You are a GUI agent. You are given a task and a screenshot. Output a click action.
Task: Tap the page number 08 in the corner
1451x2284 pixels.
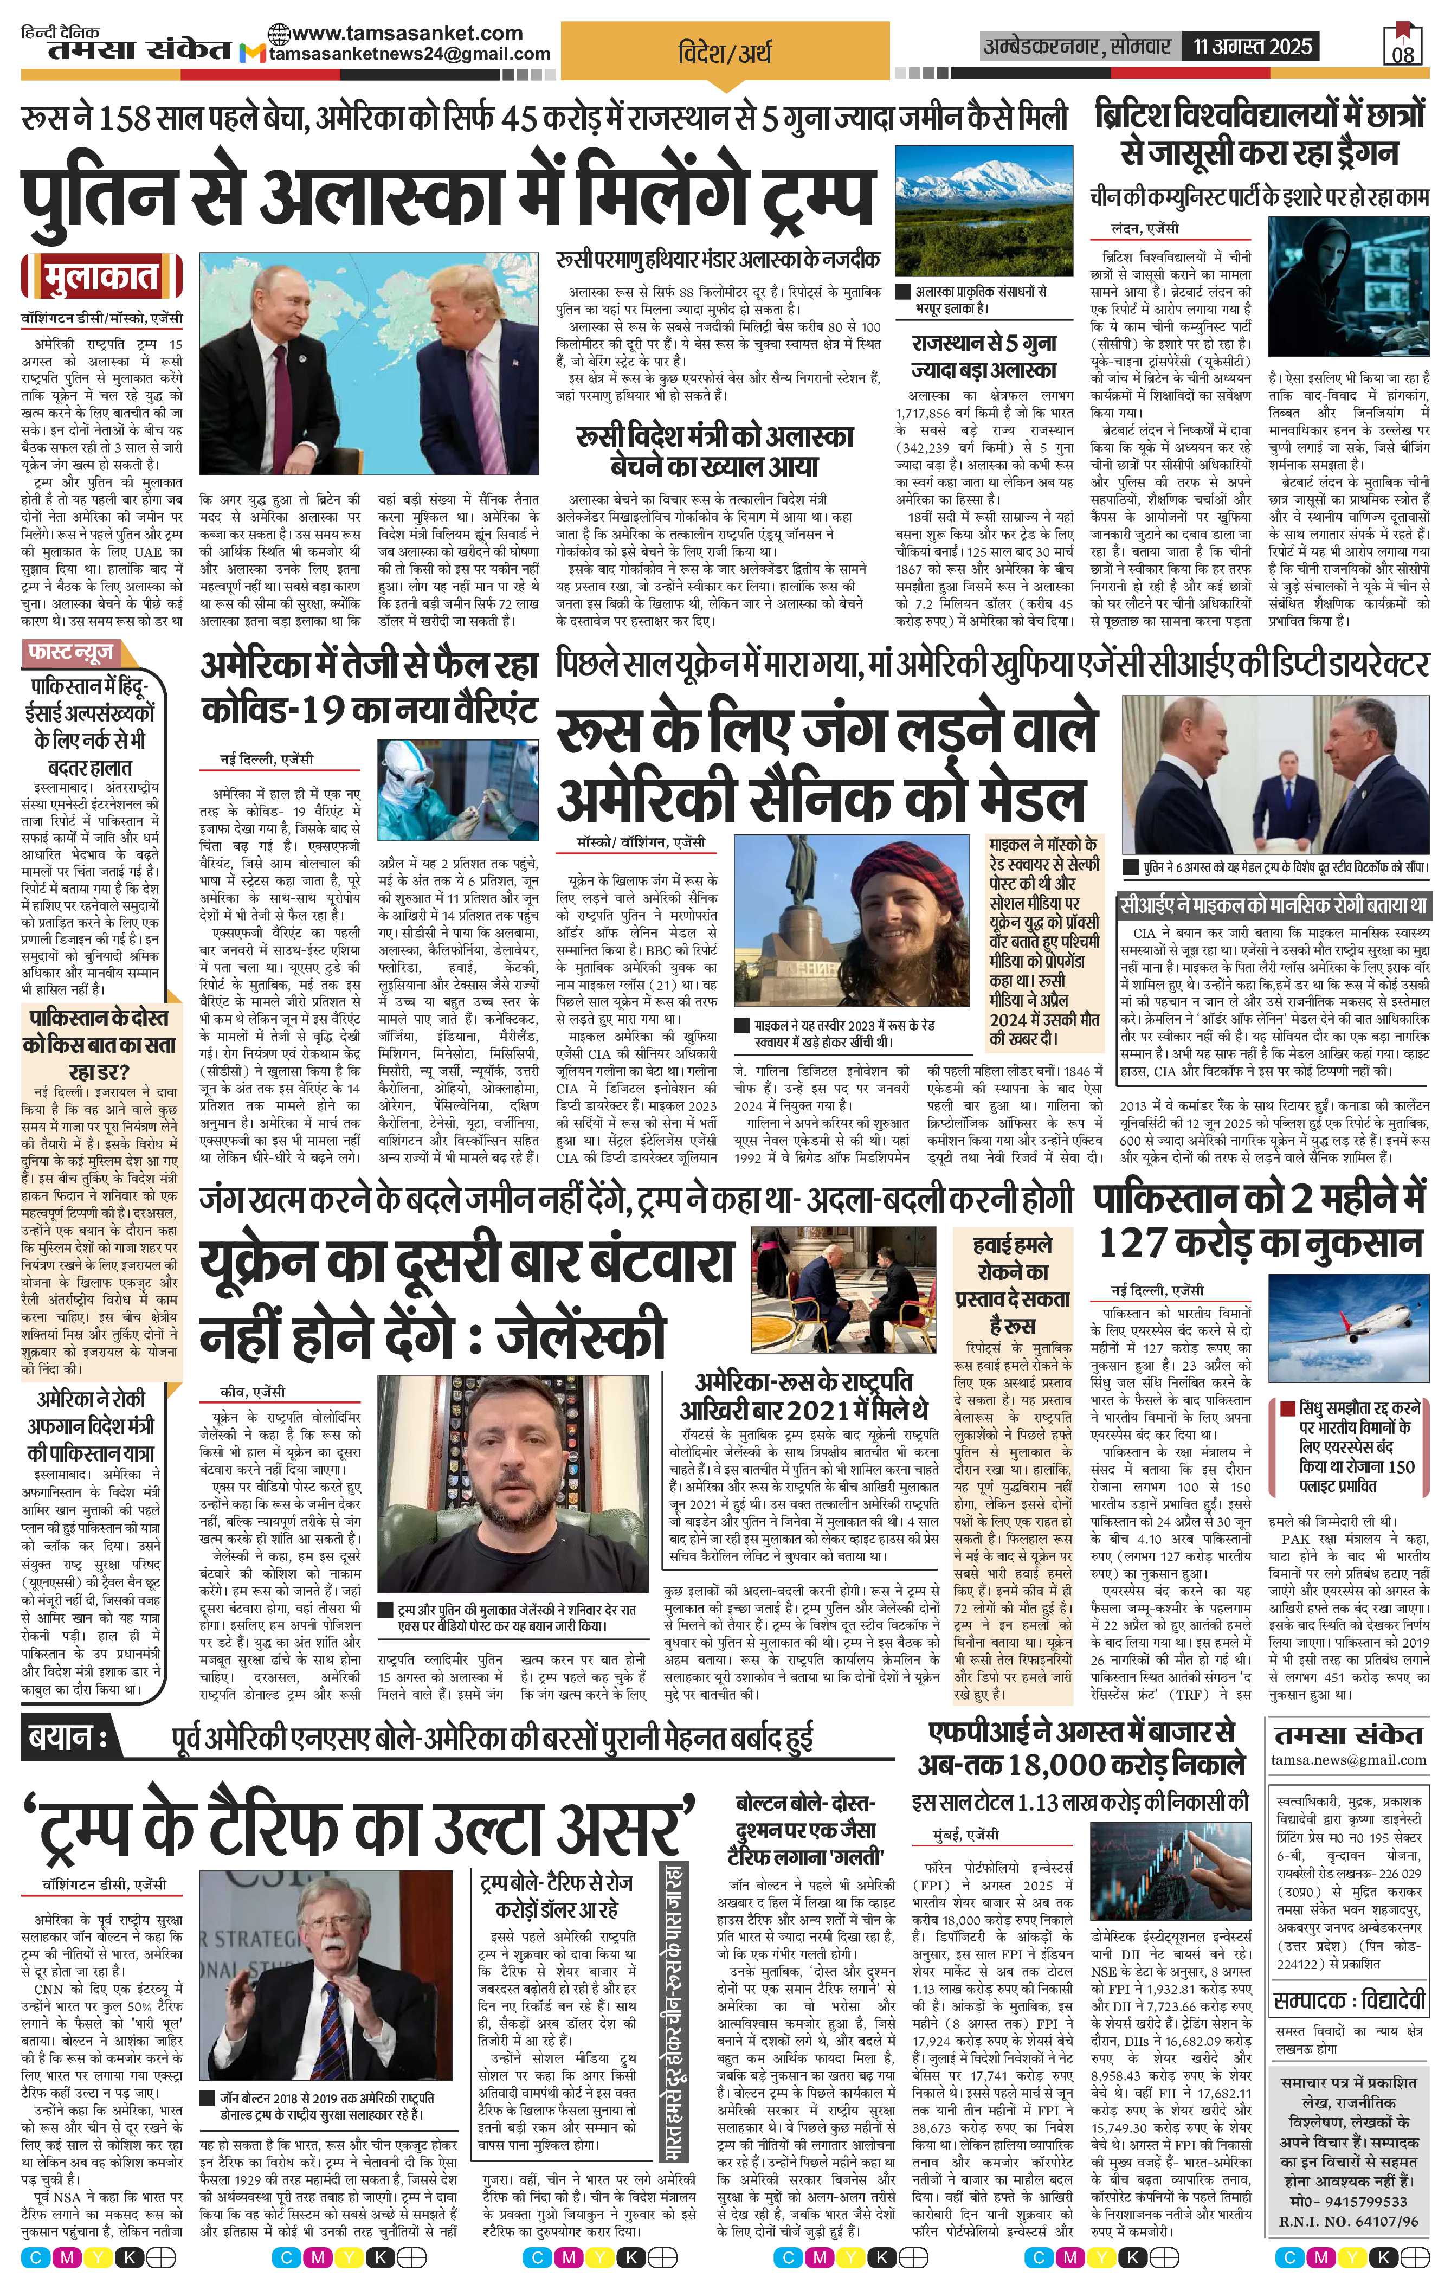(1403, 54)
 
